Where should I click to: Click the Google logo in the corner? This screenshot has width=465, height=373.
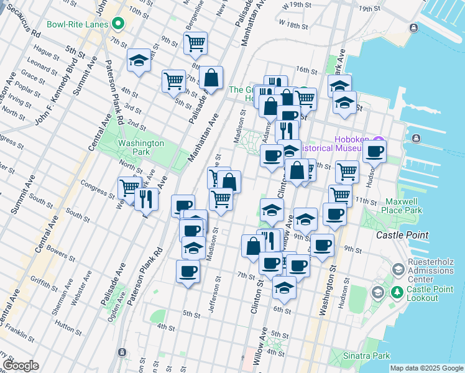click(x=20, y=366)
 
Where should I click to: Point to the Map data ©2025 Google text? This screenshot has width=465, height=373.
click(x=426, y=368)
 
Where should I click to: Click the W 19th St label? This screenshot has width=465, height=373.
click(x=296, y=5)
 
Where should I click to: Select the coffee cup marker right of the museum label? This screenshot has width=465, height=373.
click(x=374, y=151)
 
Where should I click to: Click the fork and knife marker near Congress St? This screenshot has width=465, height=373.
click(x=147, y=198)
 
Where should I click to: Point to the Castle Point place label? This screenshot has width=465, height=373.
click(x=403, y=235)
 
